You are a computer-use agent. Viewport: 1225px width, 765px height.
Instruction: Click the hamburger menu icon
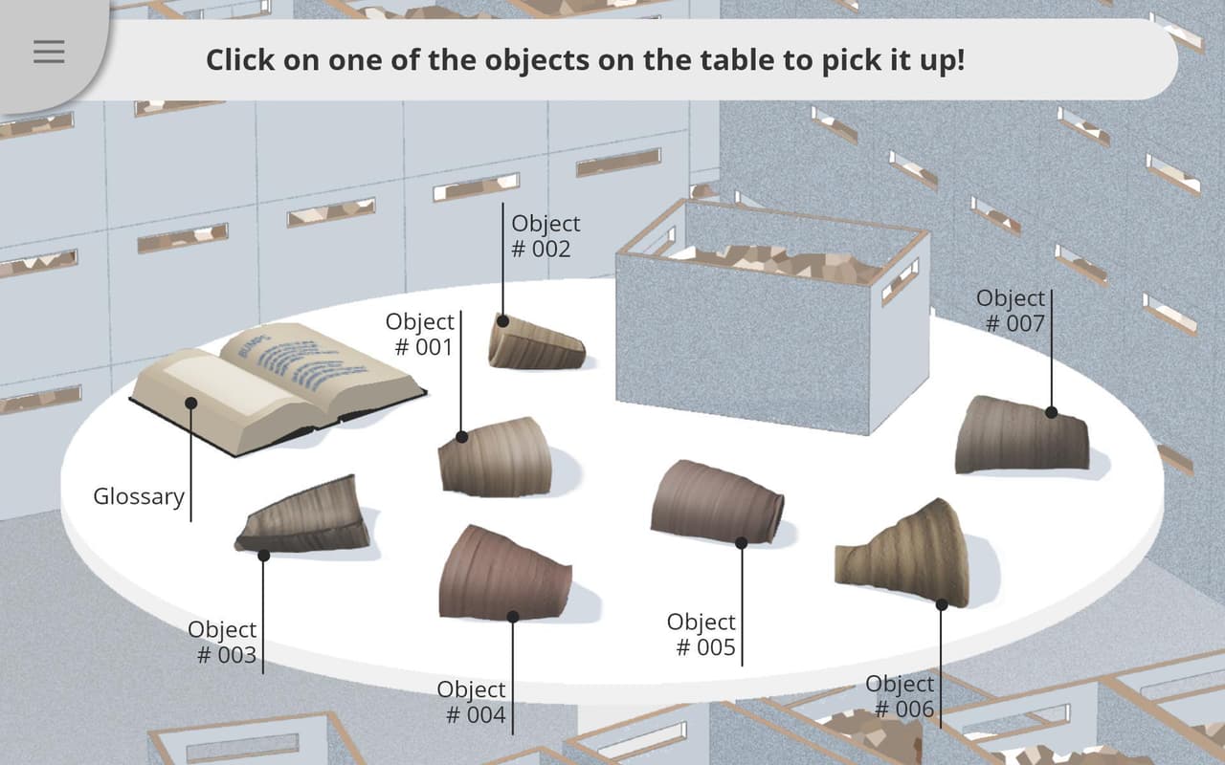point(49,52)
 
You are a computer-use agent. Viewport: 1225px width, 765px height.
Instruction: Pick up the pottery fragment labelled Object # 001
point(495,458)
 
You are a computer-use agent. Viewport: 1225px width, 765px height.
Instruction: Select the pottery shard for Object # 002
point(536,342)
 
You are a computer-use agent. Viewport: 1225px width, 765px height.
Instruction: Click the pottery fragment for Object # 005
point(717,503)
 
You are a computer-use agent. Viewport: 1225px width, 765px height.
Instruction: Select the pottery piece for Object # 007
point(1021,435)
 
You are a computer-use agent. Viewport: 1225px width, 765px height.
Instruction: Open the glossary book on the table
point(278,387)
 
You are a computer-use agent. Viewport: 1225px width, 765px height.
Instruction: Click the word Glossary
point(139,496)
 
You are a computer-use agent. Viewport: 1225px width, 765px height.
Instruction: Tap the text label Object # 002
point(545,236)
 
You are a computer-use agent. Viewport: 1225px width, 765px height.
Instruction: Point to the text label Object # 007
point(1011,311)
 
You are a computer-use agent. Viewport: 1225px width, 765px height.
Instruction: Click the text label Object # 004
point(472,702)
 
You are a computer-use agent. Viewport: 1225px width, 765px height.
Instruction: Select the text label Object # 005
point(702,634)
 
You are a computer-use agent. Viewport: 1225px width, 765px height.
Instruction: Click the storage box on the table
point(772,317)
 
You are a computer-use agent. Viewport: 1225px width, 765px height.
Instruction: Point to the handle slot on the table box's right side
point(901,282)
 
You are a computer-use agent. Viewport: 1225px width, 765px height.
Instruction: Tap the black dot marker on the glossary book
point(190,404)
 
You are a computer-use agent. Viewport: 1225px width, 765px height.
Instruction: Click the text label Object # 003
point(222,642)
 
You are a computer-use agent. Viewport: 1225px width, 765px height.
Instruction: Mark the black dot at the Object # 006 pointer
point(941,604)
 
